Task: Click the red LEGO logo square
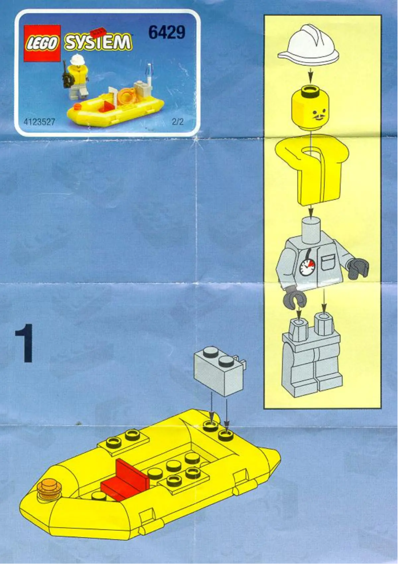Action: [42, 43]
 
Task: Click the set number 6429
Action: [166, 33]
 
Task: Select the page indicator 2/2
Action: [177, 121]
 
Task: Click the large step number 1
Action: [24, 343]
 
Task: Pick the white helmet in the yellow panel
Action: [310, 46]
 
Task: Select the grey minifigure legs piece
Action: [312, 357]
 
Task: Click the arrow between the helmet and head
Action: [311, 74]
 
